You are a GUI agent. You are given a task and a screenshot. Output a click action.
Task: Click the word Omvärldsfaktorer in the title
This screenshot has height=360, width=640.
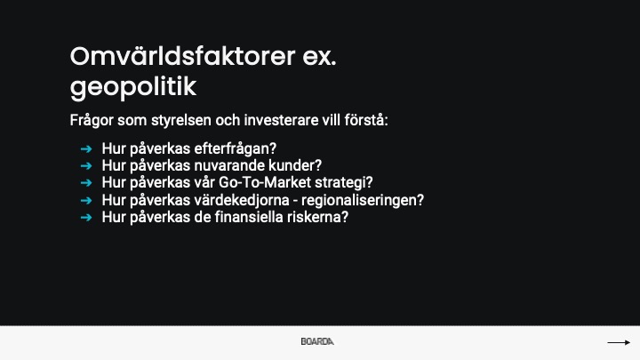pos(182,56)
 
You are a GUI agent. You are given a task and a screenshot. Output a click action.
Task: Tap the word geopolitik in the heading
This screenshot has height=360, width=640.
pos(133,87)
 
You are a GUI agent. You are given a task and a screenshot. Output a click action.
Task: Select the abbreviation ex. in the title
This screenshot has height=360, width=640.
pos(320,57)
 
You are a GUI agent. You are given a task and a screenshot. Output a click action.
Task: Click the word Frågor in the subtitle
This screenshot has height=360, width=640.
pos(92,121)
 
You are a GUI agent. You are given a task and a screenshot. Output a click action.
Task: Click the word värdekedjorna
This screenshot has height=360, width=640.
pos(241,200)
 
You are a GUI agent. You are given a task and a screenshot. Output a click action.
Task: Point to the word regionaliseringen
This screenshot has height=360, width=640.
pos(363,200)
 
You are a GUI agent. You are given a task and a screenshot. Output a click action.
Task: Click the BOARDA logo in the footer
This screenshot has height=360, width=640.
pos(317,341)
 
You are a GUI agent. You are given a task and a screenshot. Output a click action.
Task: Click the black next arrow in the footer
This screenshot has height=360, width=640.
pos(619,342)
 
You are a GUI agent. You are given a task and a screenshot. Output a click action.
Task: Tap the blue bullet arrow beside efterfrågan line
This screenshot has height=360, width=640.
pos(86,149)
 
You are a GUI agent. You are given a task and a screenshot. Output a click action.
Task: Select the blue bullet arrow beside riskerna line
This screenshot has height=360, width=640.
pos(86,218)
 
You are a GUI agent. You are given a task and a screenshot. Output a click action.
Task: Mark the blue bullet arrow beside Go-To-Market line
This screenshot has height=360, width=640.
pos(86,183)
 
